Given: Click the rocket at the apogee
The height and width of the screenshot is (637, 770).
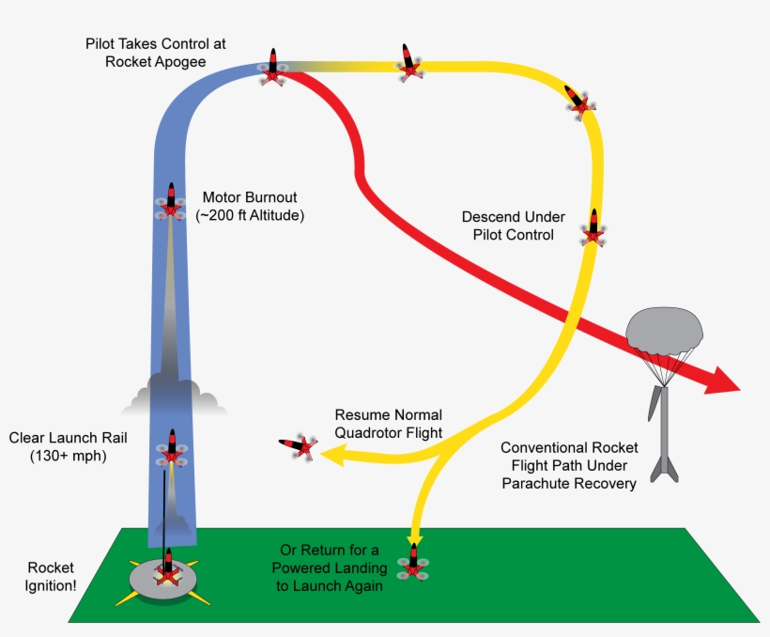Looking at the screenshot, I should [x=272, y=68].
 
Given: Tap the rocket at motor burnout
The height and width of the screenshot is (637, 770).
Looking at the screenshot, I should [x=171, y=201].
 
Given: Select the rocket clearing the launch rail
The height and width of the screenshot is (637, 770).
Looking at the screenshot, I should [x=172, y=449].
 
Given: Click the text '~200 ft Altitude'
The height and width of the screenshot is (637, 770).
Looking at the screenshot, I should [x=250, y=215].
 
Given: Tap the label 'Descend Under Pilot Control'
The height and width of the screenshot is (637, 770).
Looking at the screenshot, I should [x=507, y=225].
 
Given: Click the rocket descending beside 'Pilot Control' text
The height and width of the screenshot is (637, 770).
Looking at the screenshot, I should [x=593, y=227].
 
